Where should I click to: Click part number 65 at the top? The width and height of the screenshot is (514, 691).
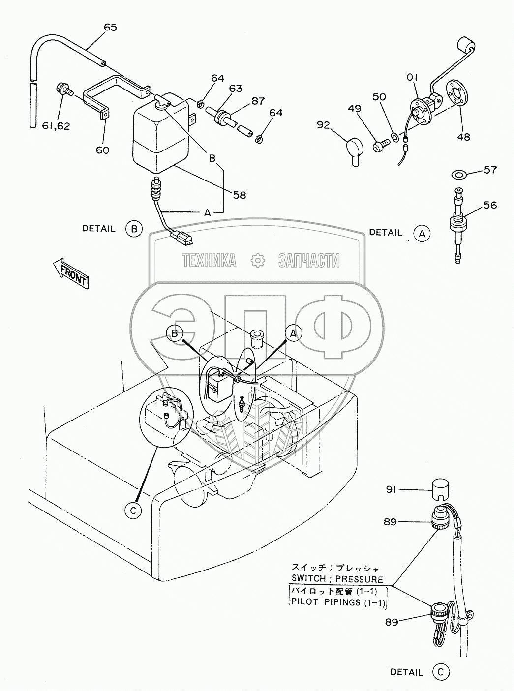[110, 28]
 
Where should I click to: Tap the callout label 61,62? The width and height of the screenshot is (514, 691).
[57, 126]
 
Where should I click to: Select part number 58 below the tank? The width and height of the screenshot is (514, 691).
[240, 195]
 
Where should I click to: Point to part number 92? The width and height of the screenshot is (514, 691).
[323, 125]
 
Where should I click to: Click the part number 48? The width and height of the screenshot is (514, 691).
[464, 136]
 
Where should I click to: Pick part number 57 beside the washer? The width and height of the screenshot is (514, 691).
[490, 170]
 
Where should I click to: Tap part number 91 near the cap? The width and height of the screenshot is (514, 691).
[391, 490]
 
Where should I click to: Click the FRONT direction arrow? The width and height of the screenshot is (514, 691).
[71, 272]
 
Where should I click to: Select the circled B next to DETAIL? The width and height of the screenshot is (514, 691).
[134, 229]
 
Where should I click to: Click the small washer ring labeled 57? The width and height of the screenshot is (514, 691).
[458, 174]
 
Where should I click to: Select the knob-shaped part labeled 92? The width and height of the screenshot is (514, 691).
[355, 151]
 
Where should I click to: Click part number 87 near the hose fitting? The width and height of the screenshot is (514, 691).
[258, 101]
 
